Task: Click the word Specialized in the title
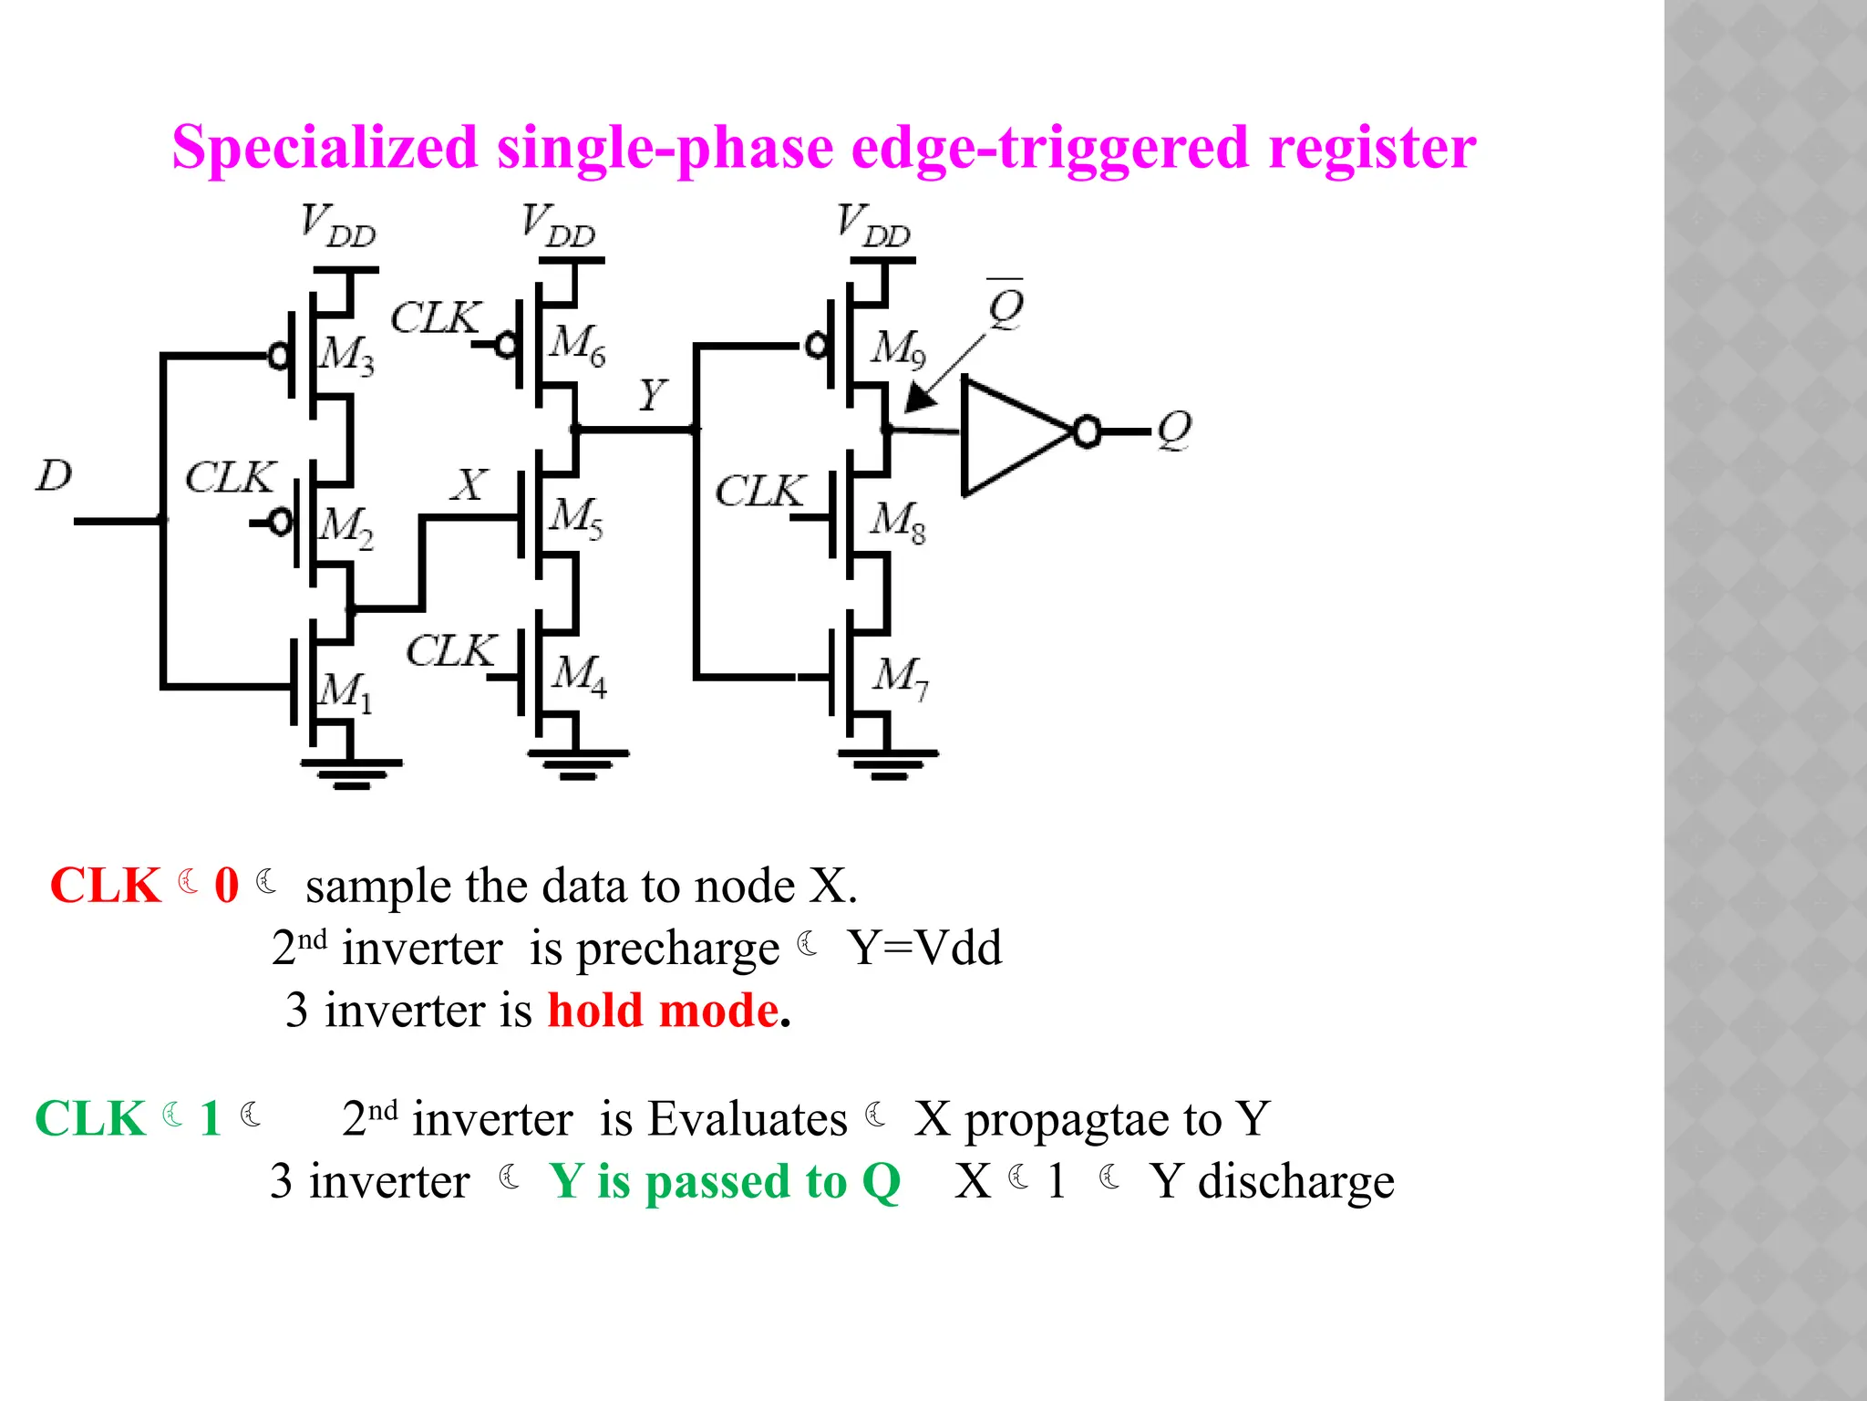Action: point(325,147)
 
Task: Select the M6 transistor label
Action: point(577,345)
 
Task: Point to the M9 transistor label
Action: point(898,349)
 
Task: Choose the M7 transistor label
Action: point(900,677)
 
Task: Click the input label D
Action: point(54,475)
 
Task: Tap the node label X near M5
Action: point(469,485)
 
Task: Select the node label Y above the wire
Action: point(652,395)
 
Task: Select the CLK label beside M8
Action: point(759,492)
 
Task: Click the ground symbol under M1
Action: point(351,773)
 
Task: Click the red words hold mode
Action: point(663,1011)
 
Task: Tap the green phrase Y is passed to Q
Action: point(725,1182)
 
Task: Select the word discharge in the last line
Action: point(1295,1182)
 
